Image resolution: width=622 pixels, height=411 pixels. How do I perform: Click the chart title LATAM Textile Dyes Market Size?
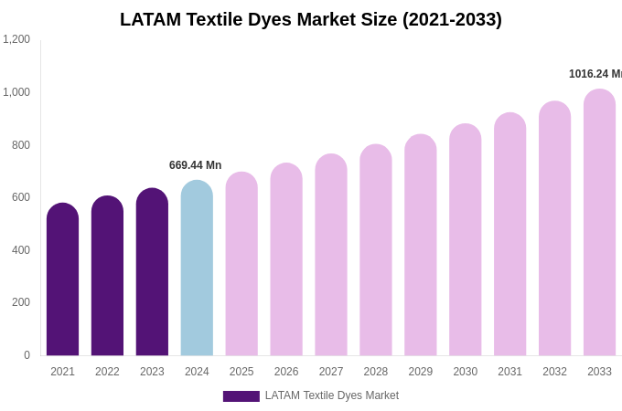click(x=311, y=19)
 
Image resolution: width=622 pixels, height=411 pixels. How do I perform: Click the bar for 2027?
click(x=331, y=255)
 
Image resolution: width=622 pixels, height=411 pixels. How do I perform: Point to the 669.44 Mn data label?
click(x=195, y=165)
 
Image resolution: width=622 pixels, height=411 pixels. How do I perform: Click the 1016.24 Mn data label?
click(x=595, y=74)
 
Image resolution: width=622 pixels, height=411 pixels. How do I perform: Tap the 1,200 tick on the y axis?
click(x=16, y=39)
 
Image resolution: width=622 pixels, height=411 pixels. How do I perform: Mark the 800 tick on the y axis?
click(x=21, y=145)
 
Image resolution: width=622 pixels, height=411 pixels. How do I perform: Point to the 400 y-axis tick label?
click(x=21, y=250)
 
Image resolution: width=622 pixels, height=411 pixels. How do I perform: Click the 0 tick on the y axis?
click(x=27, y=355)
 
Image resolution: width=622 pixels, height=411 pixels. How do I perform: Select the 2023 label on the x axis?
click(x=152, y=372)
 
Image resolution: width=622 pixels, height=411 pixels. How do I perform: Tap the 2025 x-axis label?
click(x=241, y=372)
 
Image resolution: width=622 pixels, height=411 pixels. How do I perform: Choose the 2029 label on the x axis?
click(x=421, y=372)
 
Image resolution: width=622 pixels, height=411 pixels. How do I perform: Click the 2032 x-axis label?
click(x=554, y=372)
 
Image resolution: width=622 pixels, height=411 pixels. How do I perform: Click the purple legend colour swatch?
click(x=241, y=396)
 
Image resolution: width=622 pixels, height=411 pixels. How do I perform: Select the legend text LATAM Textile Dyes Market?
click(x=332, y=395)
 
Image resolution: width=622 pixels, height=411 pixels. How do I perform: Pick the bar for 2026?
click(x=286, y=259)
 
